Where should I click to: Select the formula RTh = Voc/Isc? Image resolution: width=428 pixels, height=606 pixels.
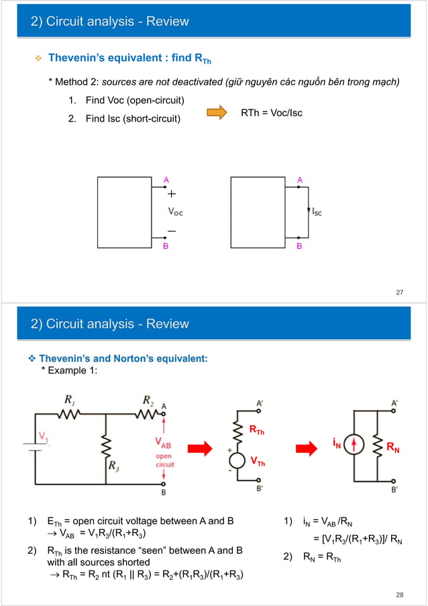click(x=272, y=113)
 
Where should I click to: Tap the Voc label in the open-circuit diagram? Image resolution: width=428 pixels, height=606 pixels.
click(x=174, y=211)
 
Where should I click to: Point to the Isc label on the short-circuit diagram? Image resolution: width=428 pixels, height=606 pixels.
click(x=317, y=211)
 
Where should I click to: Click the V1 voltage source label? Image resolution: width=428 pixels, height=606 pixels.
click(x=43, y=437)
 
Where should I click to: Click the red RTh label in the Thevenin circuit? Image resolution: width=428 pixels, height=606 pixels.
click(x=257, y=431)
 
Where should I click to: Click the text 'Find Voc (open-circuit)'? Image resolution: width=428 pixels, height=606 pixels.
click(x=135, y=101)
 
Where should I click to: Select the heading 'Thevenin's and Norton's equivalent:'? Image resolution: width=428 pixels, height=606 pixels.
click(x=123, y=359)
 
